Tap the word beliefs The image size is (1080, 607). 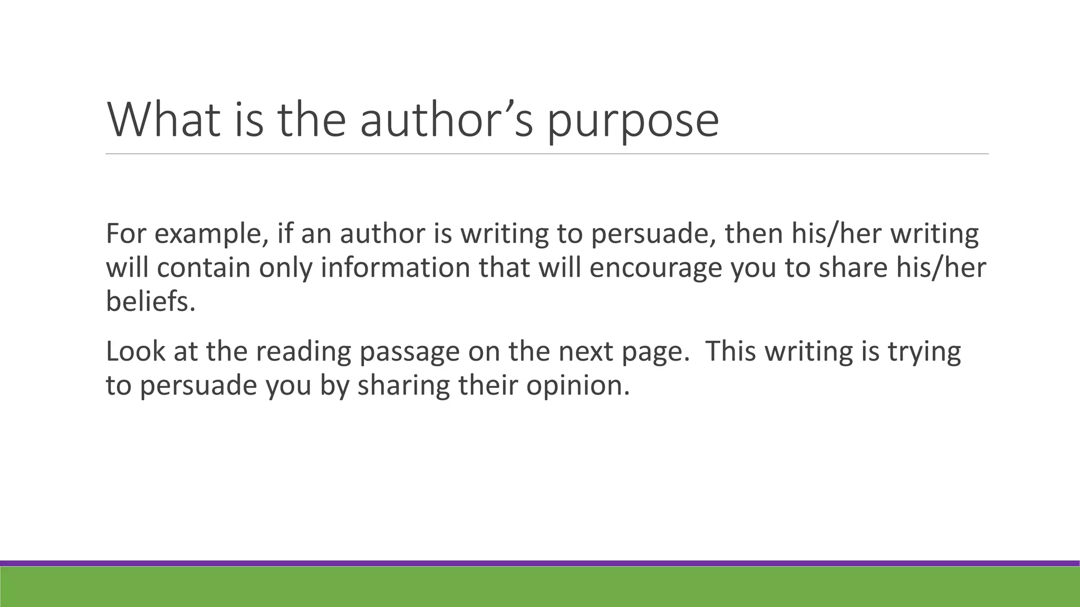150,301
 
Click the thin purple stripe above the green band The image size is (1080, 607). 540,563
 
